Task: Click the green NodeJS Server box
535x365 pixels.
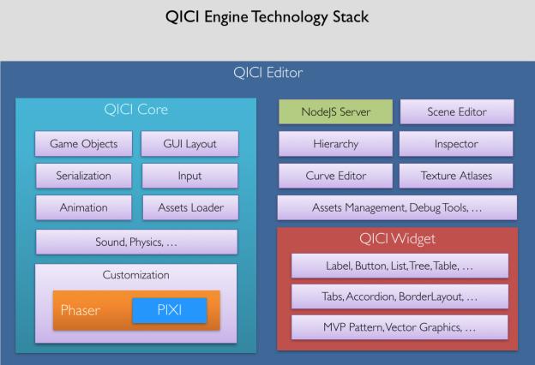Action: click(336, 111)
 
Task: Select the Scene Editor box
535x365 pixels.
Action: click(457, 111)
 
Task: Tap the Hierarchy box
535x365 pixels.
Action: click(336, 144)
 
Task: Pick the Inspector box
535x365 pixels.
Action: click(456, 144)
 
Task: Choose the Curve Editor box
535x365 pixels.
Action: click(336, 176)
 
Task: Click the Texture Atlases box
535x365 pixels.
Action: click(456, 176)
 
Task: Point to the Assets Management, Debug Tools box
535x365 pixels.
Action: click(397, 207)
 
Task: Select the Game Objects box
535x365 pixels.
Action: click(84, 144)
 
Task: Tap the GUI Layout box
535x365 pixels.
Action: click(189, 144)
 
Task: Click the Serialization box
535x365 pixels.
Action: click(84, 176)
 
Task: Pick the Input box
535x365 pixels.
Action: click(189, 176)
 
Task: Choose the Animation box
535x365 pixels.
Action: click(84, 207)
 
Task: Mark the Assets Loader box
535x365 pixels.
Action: click(190, 207)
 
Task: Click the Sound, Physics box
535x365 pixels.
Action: click(136, 242)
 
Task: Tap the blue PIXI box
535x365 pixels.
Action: click(170, 310)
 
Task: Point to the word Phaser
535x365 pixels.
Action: click(81, 310)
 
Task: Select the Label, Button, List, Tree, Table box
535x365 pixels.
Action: click(400, 266)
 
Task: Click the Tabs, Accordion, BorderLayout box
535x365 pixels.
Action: click(400, 296)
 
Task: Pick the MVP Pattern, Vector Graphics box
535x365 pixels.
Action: click(400, 327)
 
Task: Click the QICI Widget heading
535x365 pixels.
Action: click(397, 239)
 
